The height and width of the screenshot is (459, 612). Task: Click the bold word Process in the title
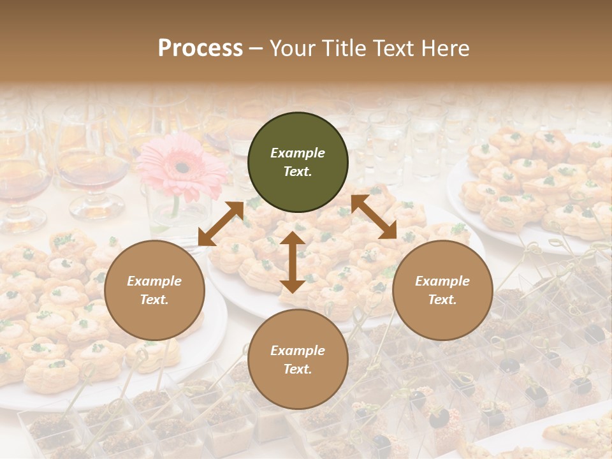coord(200,48)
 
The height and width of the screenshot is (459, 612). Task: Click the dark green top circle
coord(298,163)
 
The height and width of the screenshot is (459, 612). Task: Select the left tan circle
coord(154,291)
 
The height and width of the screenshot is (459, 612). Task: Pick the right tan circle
coord(442,291)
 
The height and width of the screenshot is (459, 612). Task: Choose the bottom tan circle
coord(298,360)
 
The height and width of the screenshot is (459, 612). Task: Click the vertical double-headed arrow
coord(293,262)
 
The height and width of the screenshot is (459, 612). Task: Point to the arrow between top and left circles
coord(221,224)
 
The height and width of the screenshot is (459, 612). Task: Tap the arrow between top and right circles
coord(374,217)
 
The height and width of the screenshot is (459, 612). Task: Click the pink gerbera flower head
coord(182,166)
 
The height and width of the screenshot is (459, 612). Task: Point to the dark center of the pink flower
coord(183,168)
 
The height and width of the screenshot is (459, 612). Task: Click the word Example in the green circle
coord(298,153)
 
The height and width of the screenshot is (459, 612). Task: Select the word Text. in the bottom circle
coord(298,369)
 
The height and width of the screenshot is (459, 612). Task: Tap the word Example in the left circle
coord(154,281)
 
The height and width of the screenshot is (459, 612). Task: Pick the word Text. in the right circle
coord(442,300)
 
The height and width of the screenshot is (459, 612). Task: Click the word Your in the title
coord(288,48)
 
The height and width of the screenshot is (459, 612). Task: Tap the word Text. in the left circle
coord(154,300)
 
